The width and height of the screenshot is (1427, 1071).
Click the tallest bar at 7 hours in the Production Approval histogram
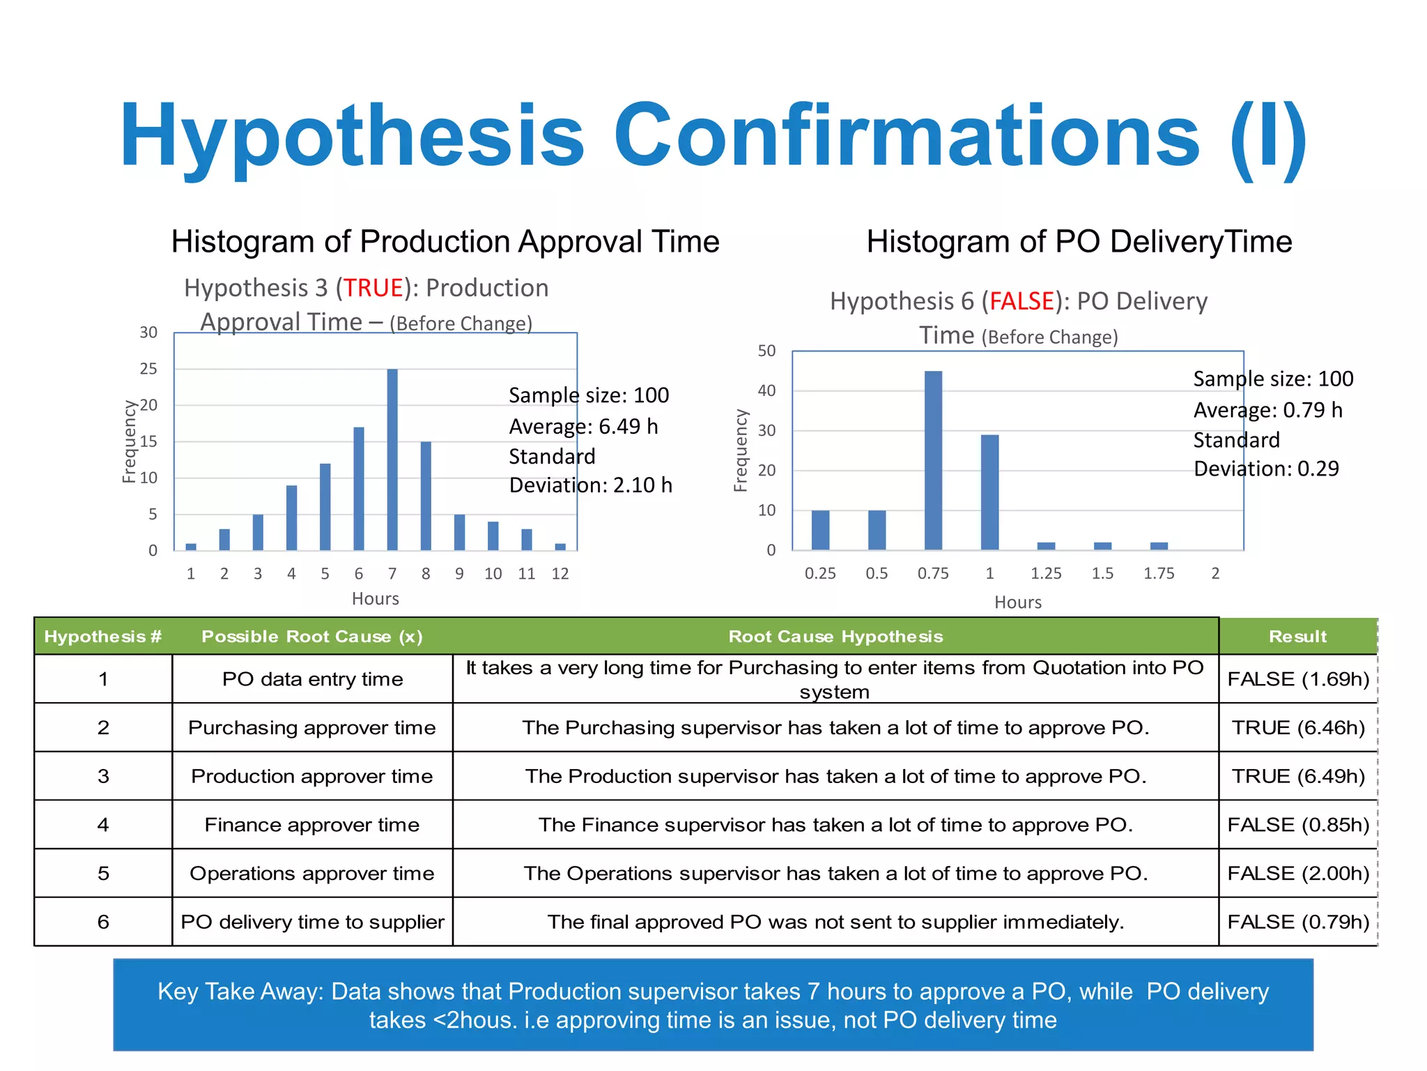392,460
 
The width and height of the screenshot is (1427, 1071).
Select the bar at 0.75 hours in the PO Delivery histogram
933,460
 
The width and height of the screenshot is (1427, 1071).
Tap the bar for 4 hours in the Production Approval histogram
291,517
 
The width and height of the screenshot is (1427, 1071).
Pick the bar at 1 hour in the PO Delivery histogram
989,492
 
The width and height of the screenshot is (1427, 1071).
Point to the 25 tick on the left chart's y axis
148,369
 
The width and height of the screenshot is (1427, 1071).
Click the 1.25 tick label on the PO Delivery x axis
1046,573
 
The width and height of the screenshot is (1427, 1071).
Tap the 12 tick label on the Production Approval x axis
560,573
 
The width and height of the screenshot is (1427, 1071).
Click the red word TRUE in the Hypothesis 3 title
373,288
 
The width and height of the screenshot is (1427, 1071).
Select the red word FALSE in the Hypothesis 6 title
1021,301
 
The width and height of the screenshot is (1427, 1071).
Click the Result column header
1297,636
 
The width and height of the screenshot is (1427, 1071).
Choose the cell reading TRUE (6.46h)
1298,727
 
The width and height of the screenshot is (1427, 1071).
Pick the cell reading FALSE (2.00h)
1298,873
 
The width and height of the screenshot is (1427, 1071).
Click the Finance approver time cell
312,825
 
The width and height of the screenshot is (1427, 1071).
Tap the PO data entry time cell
312,679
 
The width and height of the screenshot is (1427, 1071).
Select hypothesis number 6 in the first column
103,922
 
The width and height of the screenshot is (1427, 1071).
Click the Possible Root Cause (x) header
312,636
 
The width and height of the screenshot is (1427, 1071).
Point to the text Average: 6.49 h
583,426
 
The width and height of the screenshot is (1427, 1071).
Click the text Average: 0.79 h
1267,410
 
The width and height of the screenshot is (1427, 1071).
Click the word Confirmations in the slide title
906,136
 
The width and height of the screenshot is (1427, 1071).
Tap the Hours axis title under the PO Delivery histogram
1017,602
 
